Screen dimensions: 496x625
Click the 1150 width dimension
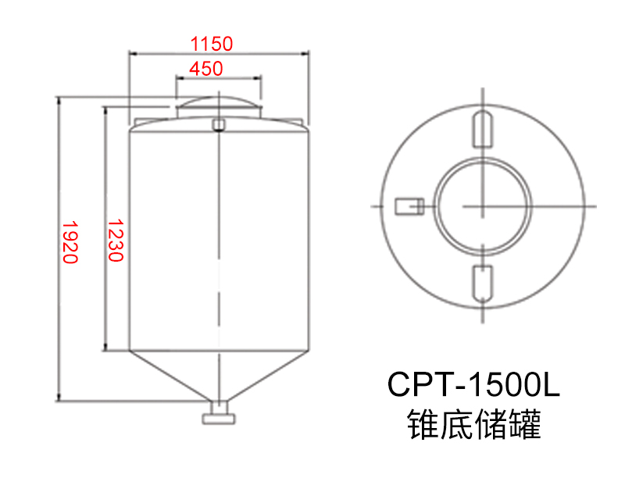[212, 43]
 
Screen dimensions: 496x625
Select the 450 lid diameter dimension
[205, 69]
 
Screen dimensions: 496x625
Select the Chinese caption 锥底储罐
[473, 426]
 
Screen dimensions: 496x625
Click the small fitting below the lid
[219, 123]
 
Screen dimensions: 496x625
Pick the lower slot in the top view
[483, 283]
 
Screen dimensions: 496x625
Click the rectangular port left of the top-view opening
[408, 205]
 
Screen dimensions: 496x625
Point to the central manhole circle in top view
[483, 205]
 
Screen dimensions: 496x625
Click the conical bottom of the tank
[219, 375]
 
